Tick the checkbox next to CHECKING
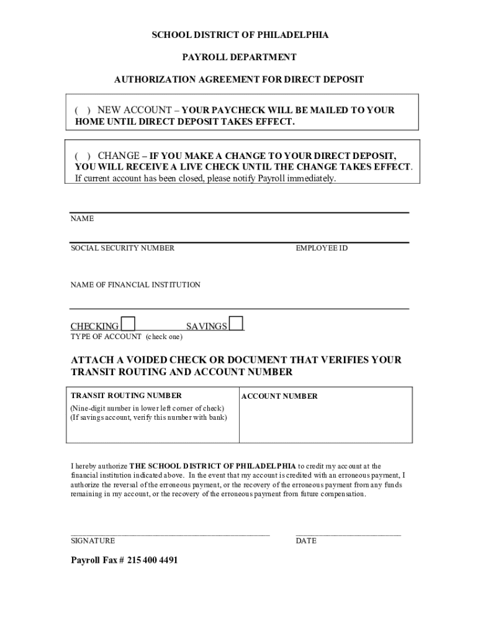tap(129, 324)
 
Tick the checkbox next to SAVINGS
tap(236, 324)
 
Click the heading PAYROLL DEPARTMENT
tap(239, 57)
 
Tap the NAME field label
tap(82, 219)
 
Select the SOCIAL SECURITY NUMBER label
tap(122, 248)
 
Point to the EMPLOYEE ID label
tap(322, 248)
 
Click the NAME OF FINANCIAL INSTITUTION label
tap(135, 285)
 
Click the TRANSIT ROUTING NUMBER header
tap(126, 396)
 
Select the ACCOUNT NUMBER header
tap(279, 396)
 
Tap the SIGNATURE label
tap(92, 541)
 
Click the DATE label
tap(306, 541)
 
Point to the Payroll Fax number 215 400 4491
tap(152, 560)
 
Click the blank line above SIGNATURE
tap(170, 533)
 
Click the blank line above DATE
tap(348, 533)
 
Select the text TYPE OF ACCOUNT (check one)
tap(126, 337)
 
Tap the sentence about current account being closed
tap(205, 178)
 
